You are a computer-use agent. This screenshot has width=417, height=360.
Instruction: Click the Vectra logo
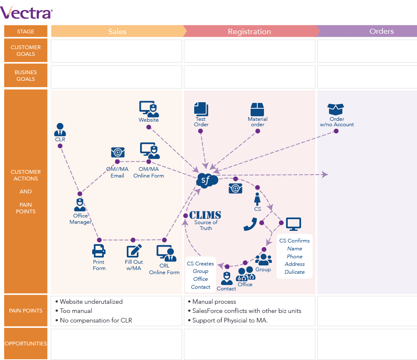pyautogui.click(x=26, y=12)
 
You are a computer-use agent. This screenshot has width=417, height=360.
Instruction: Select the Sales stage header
pyautogui.click(x=117, y=31)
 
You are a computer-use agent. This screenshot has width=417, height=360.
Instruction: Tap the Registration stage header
pyautogui.click(x=249, y=31)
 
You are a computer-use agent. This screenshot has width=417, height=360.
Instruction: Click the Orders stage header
pyautogui.click(x=382, y=31)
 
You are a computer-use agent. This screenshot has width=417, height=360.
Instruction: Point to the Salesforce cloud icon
pyautogui.click(x=207, y=180)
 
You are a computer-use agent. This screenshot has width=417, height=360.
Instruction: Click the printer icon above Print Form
pyautogui.click(x=99, y=251)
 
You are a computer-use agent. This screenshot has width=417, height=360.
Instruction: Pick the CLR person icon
pyautogui.click(x=60, y=130)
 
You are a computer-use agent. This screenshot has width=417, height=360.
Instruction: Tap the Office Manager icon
pyautogui.click(x=80, y=205)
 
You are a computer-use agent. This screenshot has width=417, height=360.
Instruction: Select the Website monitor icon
pyautogui.click(x=149, y=109)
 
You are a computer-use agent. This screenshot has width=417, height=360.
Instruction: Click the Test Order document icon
pyautogui.click(x=201, y=109)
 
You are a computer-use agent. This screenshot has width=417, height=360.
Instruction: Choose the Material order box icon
pyautogui.click(x=257, y=110)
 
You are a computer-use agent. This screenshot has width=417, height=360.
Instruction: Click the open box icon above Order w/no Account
pyautogui.click(x=336, y=109)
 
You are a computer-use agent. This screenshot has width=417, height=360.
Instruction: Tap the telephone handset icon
pyautogui.click(x=250, y=224)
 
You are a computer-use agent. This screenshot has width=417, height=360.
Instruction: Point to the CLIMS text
pyautogui.click(x=205, y=215)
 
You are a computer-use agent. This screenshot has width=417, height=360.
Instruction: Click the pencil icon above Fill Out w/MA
pyautogui.click(x=134, y=251)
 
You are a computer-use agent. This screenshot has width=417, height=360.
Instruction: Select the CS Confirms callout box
pyautogui.click(x=294, y=256)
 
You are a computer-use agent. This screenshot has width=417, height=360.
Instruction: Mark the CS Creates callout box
pyautogui.click(x=201, y=275)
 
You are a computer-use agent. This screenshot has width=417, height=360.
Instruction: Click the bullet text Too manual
pyautogui.click(x=76, y=311)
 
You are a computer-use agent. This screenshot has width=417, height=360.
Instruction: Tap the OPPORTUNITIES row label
pyautogui.click(x=26, y=343)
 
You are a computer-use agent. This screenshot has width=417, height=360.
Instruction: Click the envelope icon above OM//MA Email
pyautogui.click(x=118, y=152)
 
